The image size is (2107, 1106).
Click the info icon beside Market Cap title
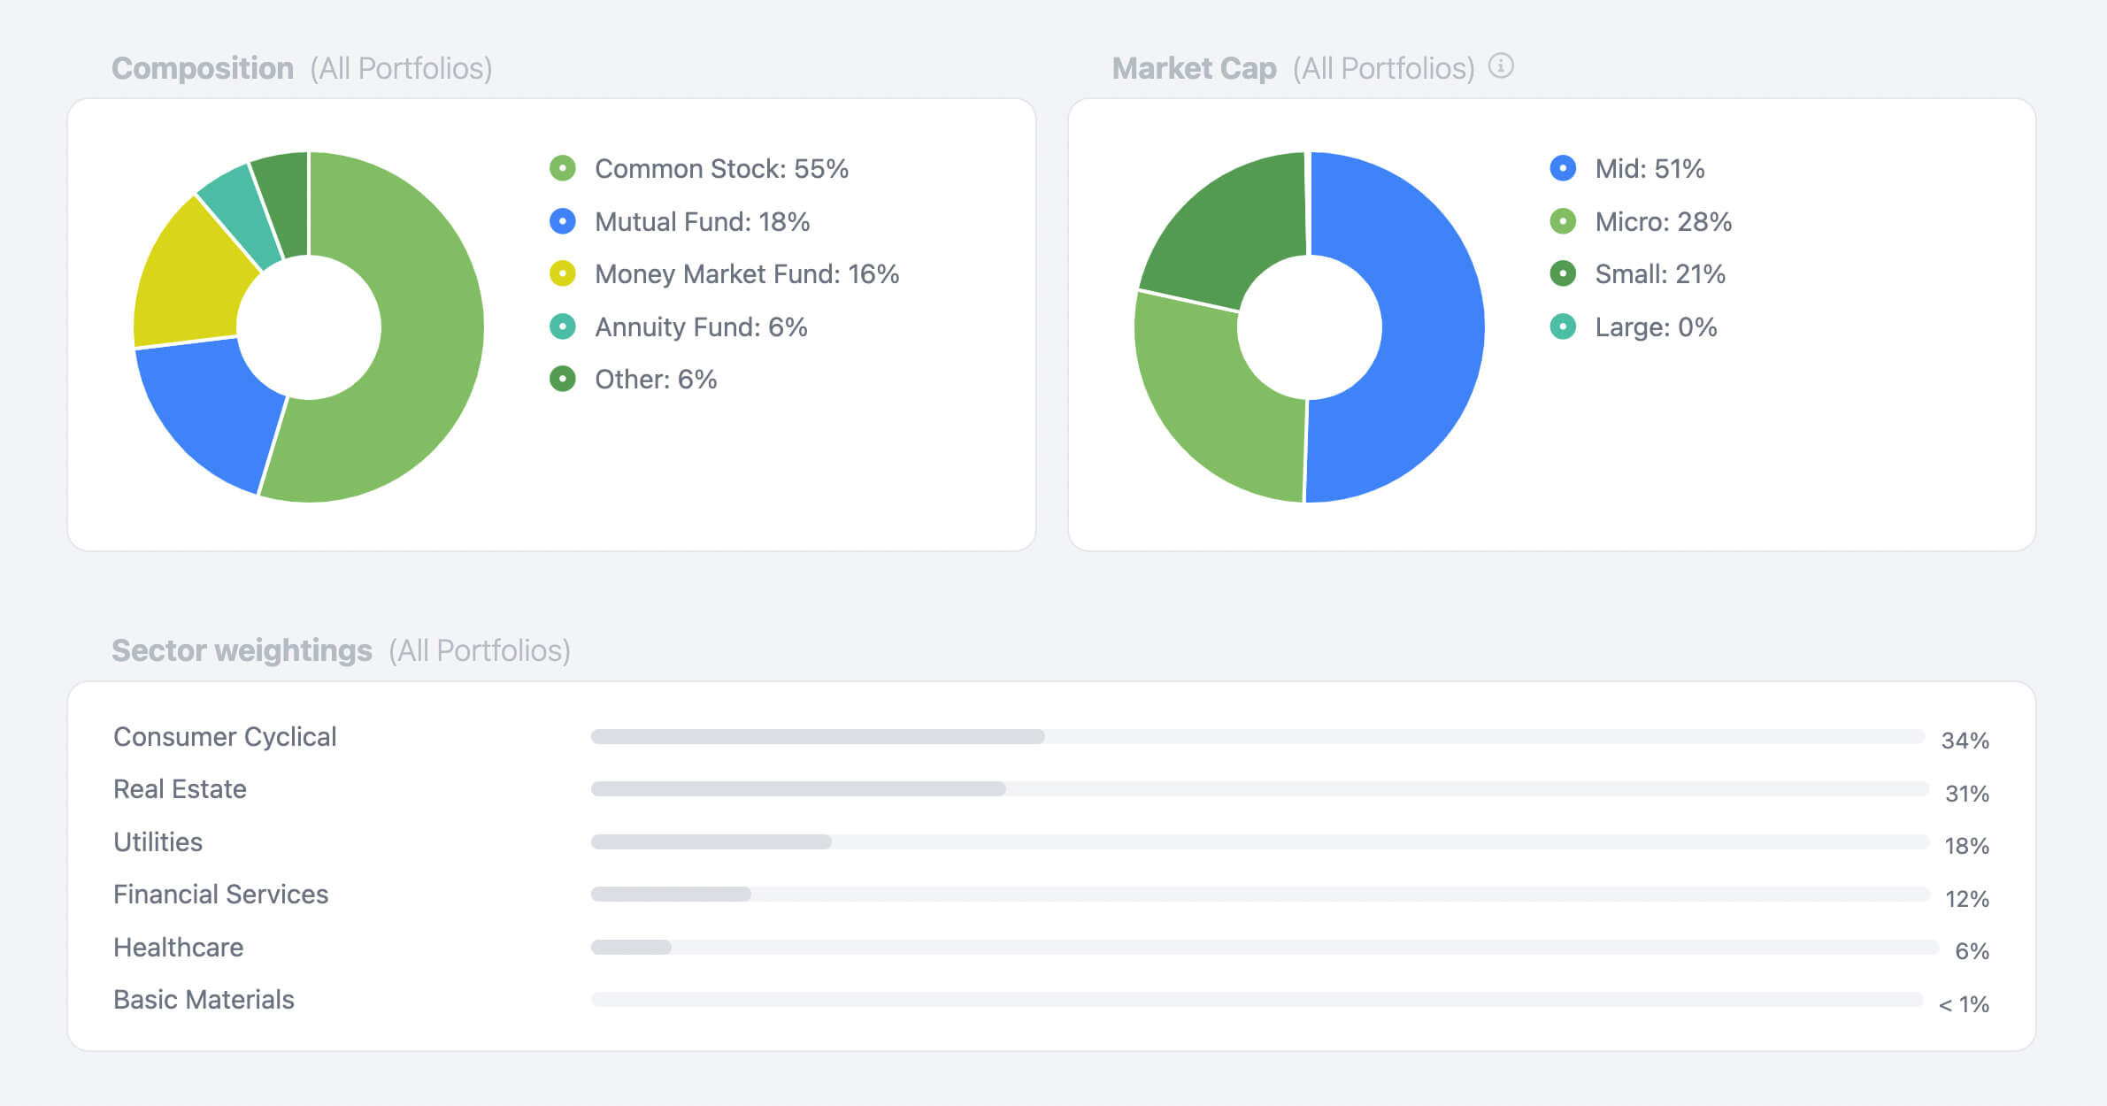pos(1501,66)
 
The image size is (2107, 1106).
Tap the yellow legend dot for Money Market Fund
pos(563,273)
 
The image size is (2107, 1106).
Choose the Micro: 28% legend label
pos(1662,221)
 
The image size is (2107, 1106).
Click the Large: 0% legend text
pos(1655,327)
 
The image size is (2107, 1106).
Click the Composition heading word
pos(203,68)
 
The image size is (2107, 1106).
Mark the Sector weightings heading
pos(242,650)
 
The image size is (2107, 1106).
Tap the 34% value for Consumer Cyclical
pos(1965,741)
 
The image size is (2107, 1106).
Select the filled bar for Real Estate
pos(797,788)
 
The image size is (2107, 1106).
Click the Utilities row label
pos(158,841)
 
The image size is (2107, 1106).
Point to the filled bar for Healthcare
pos(631,947)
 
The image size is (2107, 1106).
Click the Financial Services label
pos(220,895)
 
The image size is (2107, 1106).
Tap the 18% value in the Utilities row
pos(1966,846)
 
